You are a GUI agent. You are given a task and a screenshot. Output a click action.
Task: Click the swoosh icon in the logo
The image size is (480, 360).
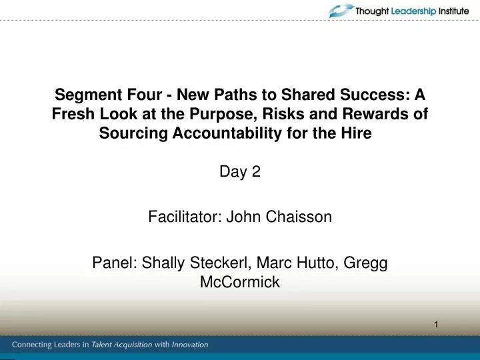point(341,11)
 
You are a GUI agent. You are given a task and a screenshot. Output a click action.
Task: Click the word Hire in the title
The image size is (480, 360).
point(354,133)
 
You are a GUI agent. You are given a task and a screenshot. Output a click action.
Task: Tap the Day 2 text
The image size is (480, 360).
point(239,173)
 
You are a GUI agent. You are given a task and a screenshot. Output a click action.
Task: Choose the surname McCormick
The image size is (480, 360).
point(239,282)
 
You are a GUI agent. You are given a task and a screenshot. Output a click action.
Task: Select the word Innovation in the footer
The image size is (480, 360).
point(190,345)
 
